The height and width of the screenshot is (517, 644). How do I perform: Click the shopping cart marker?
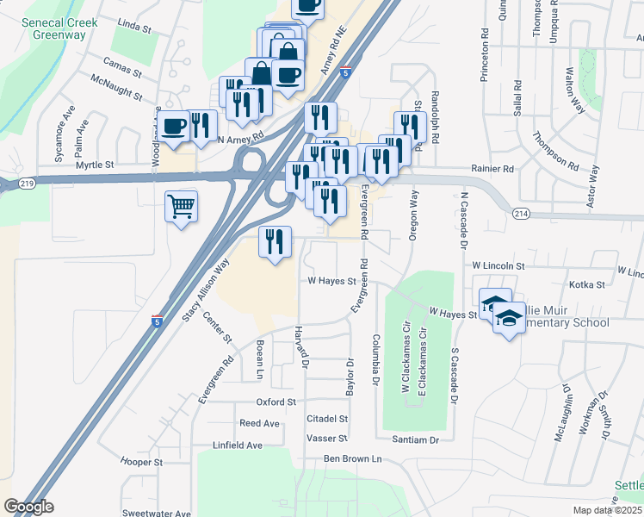(x=181, y=207)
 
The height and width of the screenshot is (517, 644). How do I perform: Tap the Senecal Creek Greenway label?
(x=59, y=28)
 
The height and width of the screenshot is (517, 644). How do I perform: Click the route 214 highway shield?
(x=520, y=213)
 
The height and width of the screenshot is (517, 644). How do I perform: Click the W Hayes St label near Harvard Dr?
(x=331, y=281)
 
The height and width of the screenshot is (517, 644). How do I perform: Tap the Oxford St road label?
(x=276, y=402)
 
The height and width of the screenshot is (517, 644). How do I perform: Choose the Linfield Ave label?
(x=238, y=445)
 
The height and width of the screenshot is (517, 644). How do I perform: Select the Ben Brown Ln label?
(x=352, y=458)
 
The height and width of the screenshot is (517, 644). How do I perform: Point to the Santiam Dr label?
(x=414, y=439)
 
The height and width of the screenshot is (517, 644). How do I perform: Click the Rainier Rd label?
(x=492, y=169)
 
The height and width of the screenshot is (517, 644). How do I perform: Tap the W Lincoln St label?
(x=498, y=266)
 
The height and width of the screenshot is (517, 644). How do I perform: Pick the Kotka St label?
(x=588, y=284)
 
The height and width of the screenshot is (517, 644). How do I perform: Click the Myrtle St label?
(x=95, y=164)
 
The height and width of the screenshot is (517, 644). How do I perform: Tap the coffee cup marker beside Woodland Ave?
(x=174, y=126)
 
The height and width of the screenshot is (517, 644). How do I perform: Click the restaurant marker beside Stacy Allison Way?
(x=275, y=242)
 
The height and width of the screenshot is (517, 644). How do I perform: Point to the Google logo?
(x=28, y=507)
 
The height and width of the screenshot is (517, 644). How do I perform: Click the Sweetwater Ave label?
(x=156, y=513)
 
